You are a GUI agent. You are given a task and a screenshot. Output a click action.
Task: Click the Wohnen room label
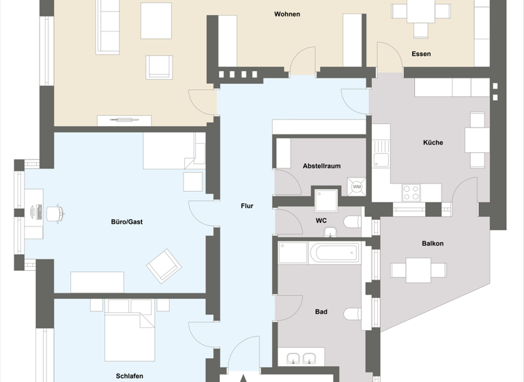(x=287, y=14)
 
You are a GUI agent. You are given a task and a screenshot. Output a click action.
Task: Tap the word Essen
(x=421, y=54)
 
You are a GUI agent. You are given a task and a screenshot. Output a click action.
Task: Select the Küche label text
(x=433, y=143)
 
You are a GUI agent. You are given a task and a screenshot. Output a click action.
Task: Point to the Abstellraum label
(x=321, y=166)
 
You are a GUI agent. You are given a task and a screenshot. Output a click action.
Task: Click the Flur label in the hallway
(x=247, y=205)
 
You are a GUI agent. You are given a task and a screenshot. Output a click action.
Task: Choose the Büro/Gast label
(x=126, y=222)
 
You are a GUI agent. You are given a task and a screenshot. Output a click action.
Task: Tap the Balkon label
(x=433, y=244)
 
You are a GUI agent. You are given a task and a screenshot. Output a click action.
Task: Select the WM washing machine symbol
(x=357, y=186)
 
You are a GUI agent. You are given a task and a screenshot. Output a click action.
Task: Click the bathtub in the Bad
(x=334, y=254)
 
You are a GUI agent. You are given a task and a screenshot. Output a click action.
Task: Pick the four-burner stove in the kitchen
(x=411, y=192)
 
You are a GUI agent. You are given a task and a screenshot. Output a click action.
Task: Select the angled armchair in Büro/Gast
(x=164, y=266)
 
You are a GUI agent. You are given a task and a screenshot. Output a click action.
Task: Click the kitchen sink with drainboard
(x=381, y=153)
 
